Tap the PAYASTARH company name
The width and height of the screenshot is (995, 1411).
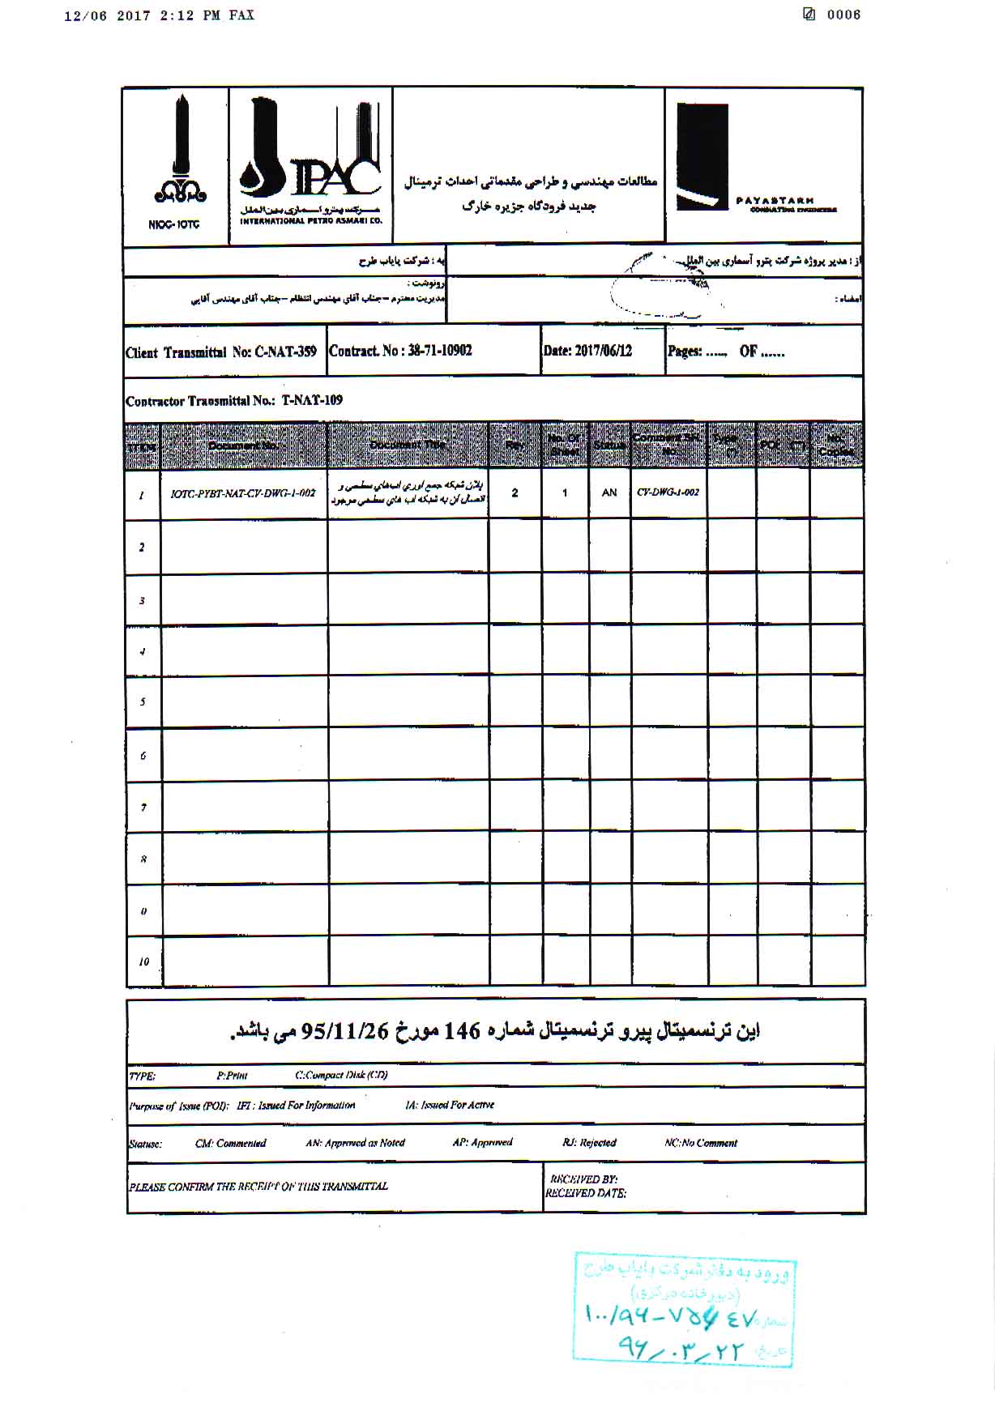775,201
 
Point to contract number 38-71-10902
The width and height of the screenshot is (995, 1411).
439,351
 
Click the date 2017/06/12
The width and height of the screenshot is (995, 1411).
601,352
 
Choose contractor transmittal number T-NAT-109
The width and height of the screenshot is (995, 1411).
312,400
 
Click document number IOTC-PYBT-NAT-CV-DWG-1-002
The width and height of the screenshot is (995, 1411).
243,492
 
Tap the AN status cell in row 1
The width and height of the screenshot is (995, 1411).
609,492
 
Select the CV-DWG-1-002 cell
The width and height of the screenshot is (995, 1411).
668,492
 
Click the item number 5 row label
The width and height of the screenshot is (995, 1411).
143,701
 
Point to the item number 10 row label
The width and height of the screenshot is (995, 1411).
143,962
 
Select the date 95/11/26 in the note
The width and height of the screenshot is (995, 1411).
346,1031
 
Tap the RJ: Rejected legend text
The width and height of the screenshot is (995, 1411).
589,1143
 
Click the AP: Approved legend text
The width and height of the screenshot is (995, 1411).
482,1143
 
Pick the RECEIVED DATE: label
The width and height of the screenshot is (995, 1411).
586,1193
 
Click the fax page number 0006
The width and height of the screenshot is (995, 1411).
843,15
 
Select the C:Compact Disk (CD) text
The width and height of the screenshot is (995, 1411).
341,1076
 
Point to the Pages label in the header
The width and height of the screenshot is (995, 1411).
684,352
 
